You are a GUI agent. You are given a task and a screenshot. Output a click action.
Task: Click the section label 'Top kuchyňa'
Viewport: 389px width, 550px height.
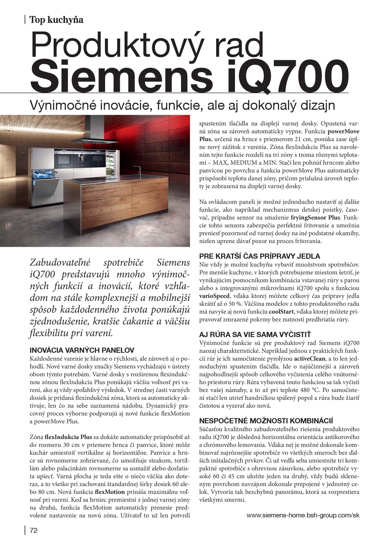click(x=56, y=20)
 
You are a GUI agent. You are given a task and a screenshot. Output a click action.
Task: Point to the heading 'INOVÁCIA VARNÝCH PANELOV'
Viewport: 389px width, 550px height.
click(x=82, y=350)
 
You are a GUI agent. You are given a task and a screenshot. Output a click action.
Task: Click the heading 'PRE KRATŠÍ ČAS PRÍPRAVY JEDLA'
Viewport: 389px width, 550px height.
click(x=260, y=256)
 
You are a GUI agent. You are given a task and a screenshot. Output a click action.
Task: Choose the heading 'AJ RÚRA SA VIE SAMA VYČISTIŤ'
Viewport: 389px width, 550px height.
click(x=255, y=335)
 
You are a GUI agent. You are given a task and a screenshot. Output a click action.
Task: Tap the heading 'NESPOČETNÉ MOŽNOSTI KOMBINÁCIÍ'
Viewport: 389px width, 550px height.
click(x=266, y=421)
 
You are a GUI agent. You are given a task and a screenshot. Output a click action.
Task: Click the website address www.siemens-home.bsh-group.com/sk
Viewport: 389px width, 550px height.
click(x=303, y=515)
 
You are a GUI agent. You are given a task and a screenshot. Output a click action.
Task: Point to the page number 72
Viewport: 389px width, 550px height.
click(x=34, y=531)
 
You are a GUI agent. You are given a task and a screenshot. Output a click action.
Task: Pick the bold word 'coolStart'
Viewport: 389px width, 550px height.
click(x=281, y=312)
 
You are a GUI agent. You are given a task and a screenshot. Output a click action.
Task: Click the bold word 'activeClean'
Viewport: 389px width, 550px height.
click(x=309, y=358)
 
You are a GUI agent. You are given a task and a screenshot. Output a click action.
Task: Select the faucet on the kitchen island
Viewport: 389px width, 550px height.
click(x=137, y=171)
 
